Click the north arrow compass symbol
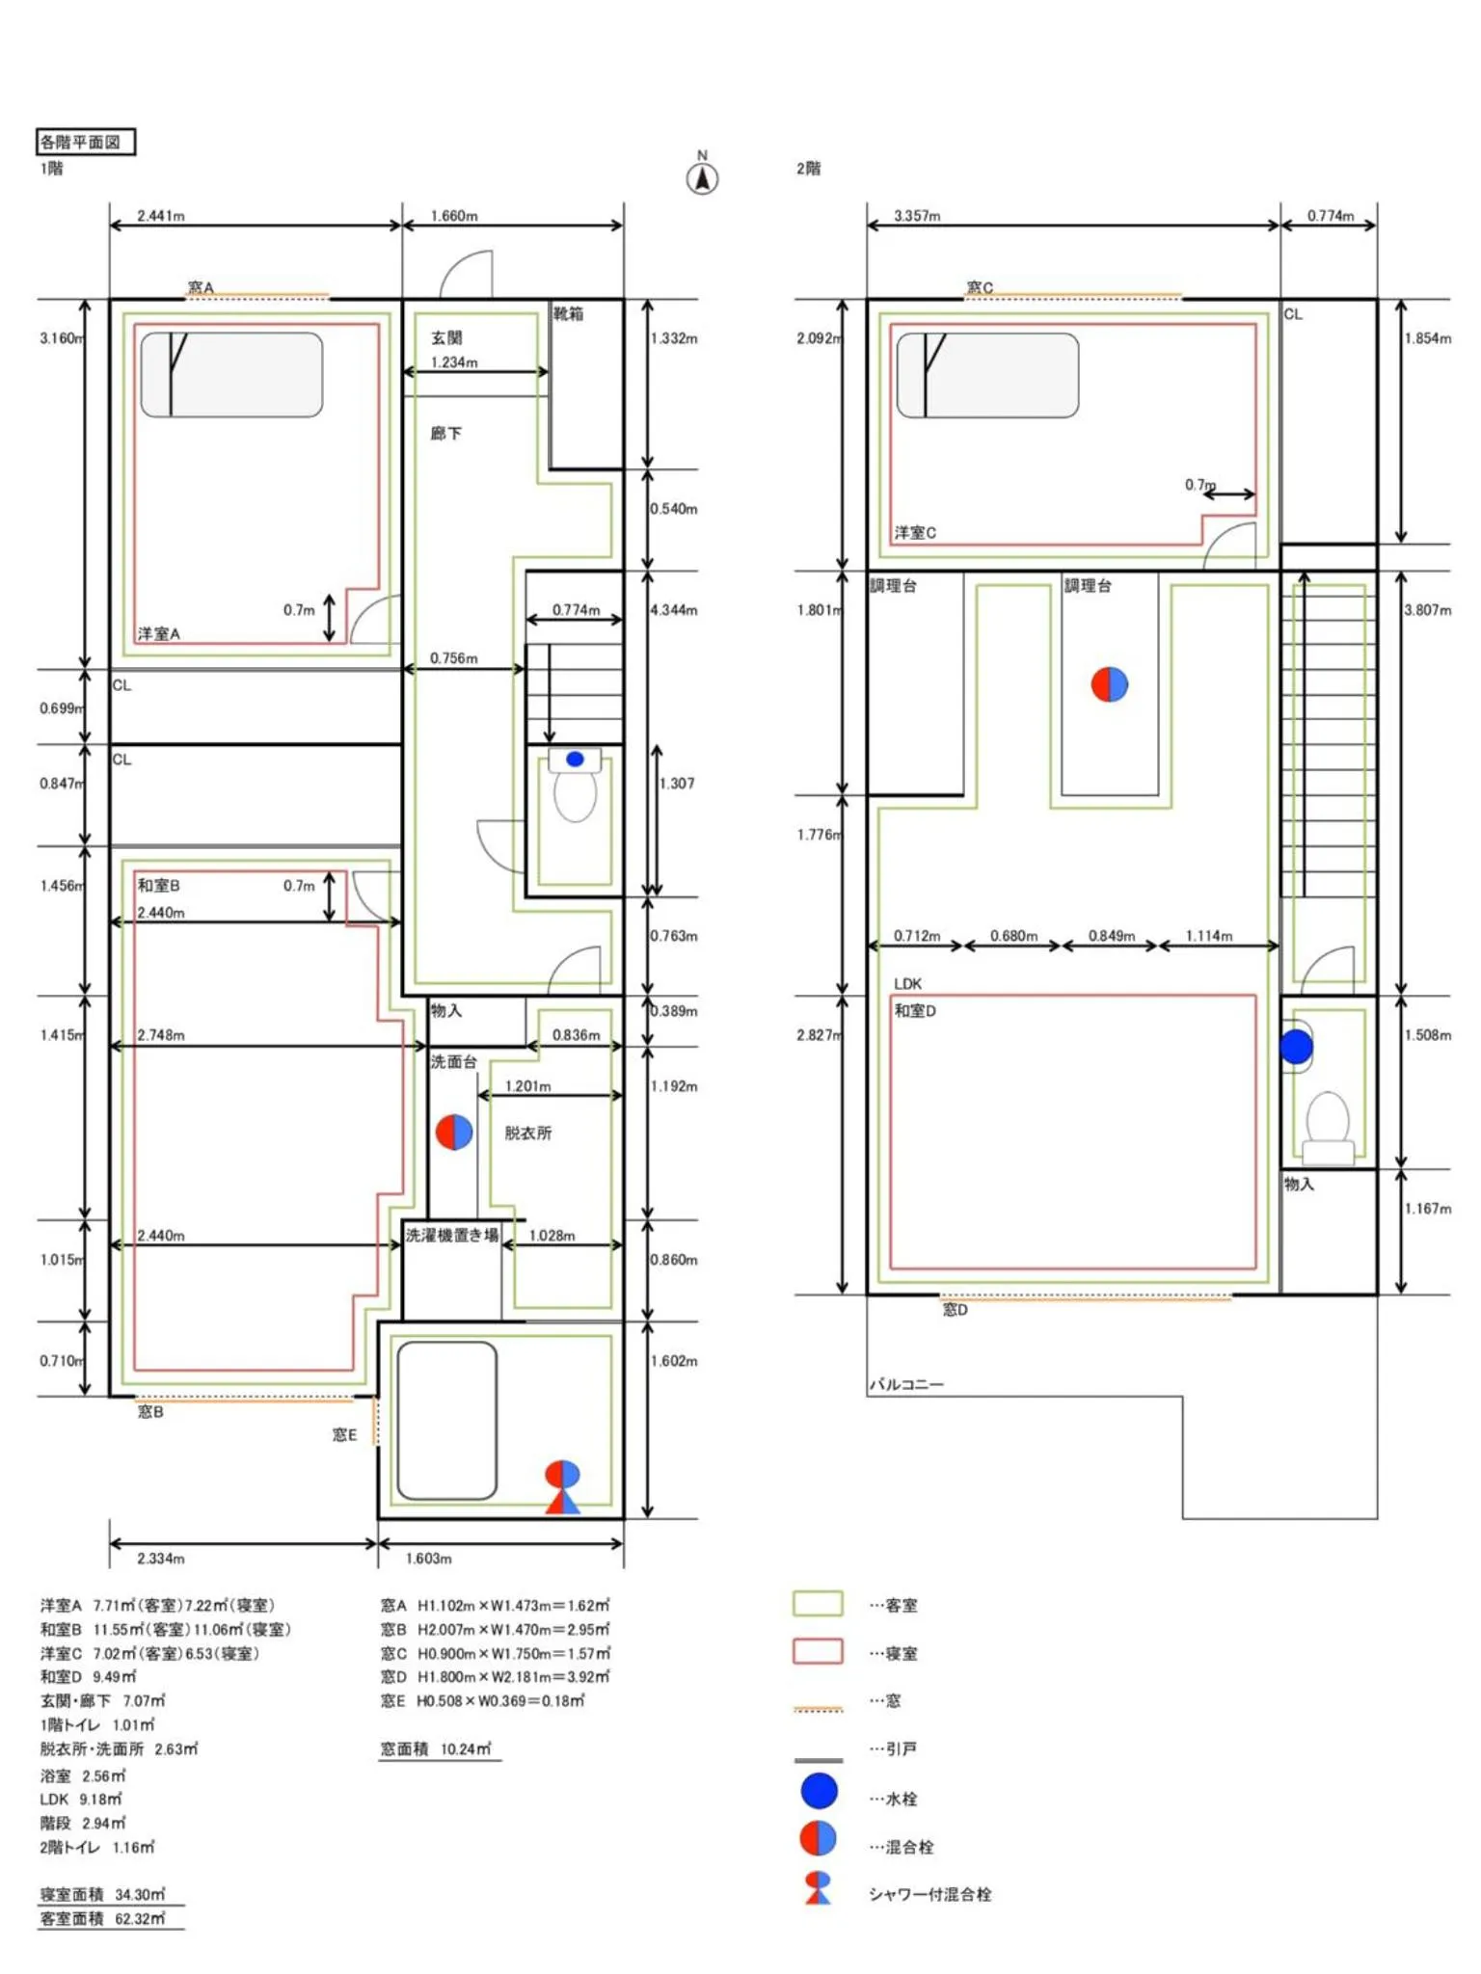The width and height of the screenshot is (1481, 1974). tap(702, 178)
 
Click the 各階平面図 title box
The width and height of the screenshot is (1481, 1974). tap(85, 142)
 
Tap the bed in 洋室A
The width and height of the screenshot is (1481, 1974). tap(231, 375)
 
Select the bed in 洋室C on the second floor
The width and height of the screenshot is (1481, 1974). tap(987, 375)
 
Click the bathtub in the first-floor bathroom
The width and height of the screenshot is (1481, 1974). tap(446, 1420)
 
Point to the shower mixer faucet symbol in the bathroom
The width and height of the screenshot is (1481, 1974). tap(563, 1485)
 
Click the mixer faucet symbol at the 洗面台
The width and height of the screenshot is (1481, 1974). tap(453, 1132)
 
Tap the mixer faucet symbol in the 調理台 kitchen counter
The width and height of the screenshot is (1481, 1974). tap(1109, 683)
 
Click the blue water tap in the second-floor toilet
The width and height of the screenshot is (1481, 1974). tap(1296, 1046)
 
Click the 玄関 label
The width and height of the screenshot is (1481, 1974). tap(446, 337)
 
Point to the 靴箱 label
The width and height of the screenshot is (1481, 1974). tap(568, 313)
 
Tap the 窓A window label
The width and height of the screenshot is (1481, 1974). tap(201, 287)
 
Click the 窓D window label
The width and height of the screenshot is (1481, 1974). tap(955, 1309)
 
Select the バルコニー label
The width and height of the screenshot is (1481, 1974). tap(906, 1384)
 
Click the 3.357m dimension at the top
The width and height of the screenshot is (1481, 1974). tap(916, 216)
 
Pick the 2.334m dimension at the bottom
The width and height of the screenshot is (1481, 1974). tap(161, 1559)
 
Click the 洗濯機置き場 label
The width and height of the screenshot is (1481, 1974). tap(451, 1235)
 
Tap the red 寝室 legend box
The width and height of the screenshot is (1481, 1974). tap(817, 1651)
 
